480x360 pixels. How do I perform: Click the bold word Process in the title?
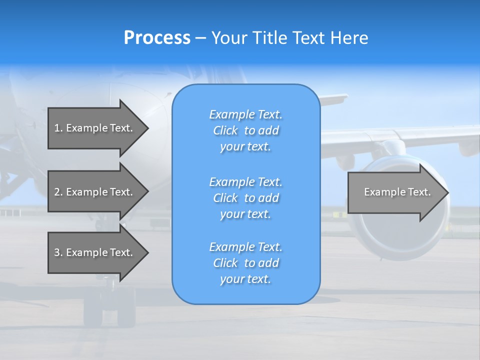pos(157,38)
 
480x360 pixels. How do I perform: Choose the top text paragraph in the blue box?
pos(245,130)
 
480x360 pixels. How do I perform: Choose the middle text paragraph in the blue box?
pos(245,198)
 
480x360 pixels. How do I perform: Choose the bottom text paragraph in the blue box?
pos(245,263)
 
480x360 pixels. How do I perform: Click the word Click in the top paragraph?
pos(225,130)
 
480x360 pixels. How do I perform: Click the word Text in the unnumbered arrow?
pos(419,192)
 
